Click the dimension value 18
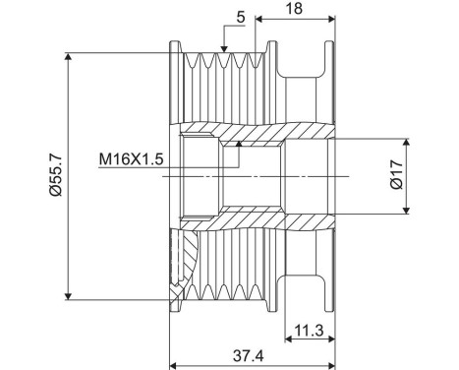294,8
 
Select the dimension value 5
241,18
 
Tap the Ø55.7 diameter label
56,174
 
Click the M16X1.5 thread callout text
131,159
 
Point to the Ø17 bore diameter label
396,174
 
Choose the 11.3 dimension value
310,330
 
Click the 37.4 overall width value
248,355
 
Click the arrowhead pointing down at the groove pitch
224,49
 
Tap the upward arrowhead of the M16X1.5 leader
240,144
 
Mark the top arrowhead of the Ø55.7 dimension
68,56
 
